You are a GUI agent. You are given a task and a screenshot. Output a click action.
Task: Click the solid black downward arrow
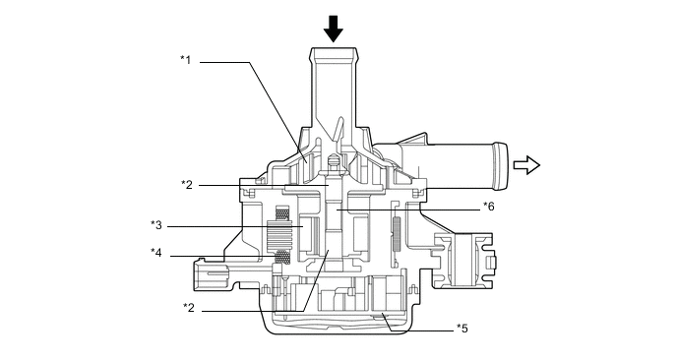[x=334, y=29]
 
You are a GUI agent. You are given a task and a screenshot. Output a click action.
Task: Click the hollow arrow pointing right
[x=526, y=165]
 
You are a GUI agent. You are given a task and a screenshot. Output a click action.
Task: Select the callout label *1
[x=186, y=59]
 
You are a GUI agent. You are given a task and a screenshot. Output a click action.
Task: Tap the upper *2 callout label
[x=187, y=185]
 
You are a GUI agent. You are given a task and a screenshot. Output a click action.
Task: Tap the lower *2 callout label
[x=189, y=308]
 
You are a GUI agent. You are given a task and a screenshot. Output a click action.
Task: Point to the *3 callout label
[x=156, y=225]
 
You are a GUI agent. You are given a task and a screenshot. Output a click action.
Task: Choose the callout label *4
[x=156, y=253]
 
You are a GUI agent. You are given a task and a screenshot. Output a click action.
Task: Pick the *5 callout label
[x=462, y=329]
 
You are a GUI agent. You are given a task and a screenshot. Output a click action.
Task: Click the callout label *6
[x=489, y=207]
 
